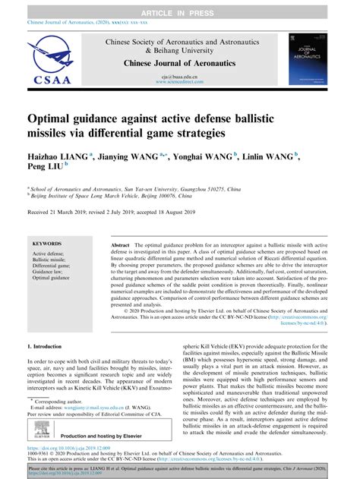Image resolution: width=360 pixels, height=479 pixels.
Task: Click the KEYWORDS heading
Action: point(47,244)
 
